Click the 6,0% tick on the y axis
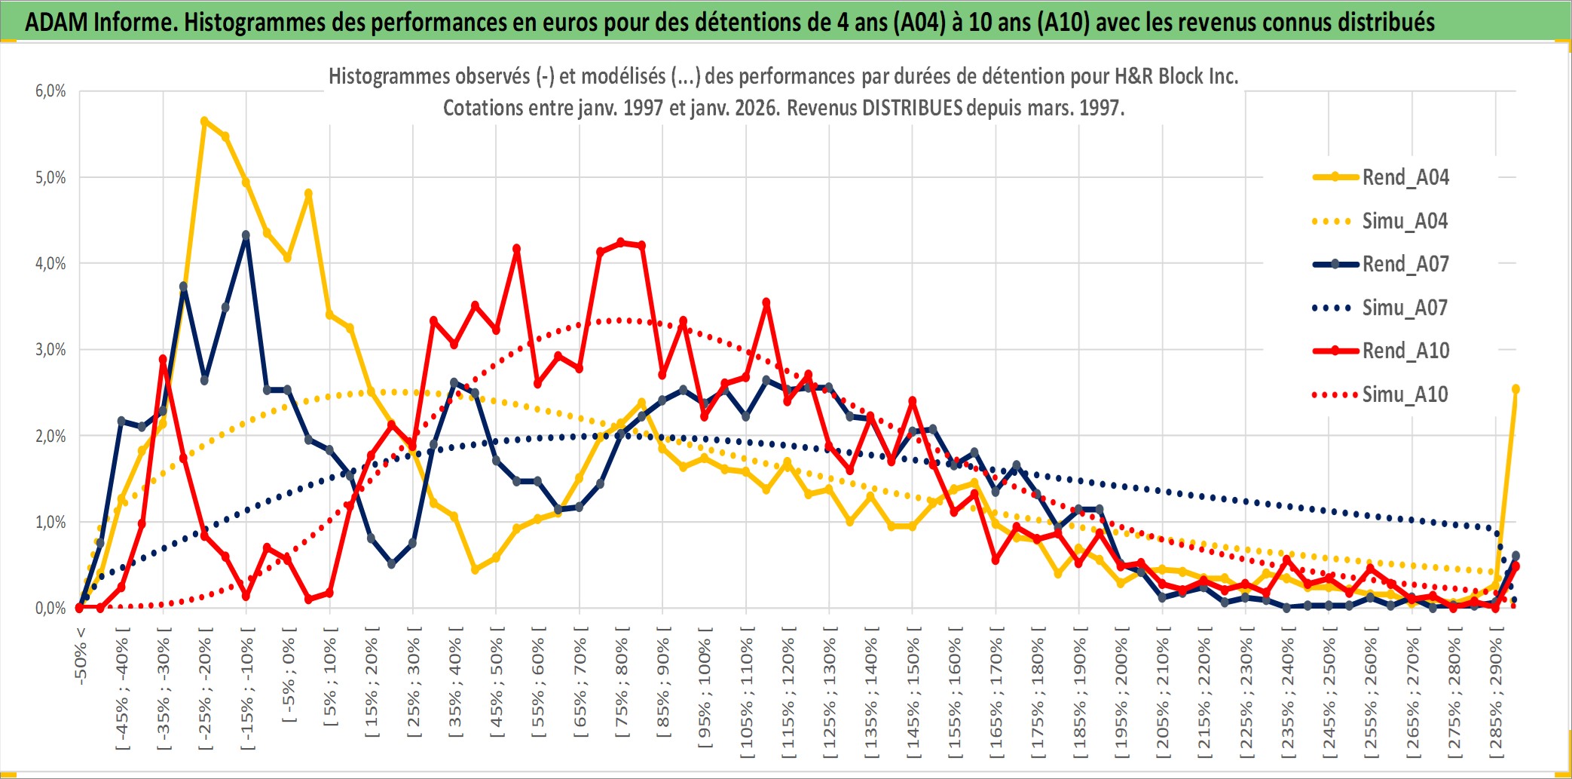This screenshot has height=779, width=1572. pyautogui.click(x=50, y=91)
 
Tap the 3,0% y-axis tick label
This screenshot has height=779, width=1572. pyautogui.click(x=50, y=350)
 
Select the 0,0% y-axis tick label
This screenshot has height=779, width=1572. pyautogui.click(x=50, y=609)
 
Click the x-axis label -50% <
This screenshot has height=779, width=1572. pyautogui.click(x=81, y=655)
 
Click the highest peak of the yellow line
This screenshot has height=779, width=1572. pyautogui.click(x=204, y=121)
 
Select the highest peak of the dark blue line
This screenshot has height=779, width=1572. pyautogui.click(x=246, y=235)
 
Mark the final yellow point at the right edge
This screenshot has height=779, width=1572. pyautogui.click(x=1515, y=389)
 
